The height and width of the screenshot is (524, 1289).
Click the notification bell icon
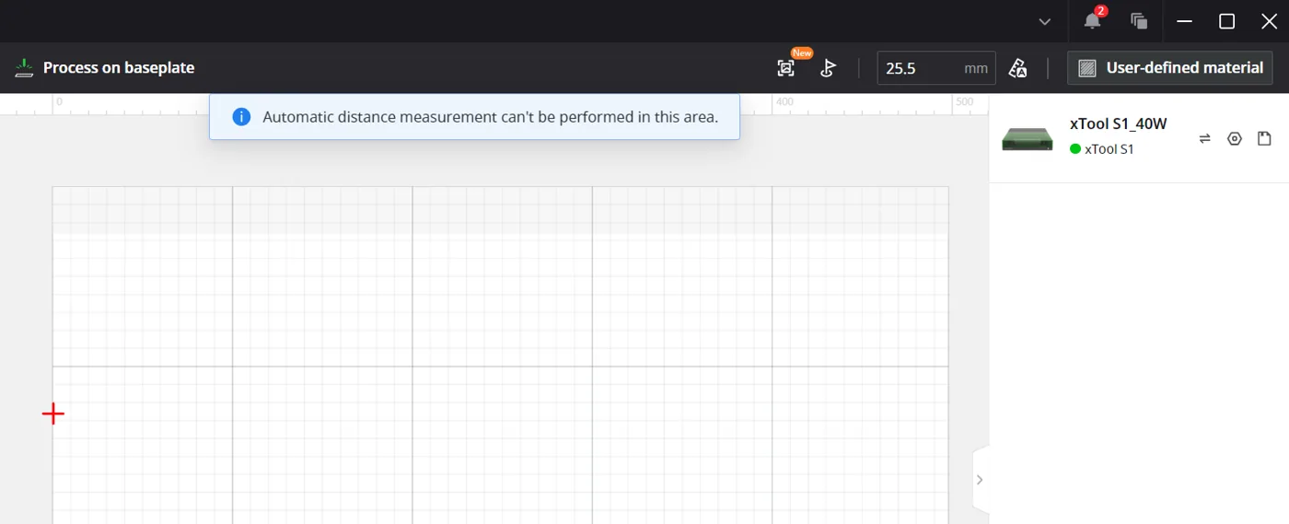[x=1092, y=21]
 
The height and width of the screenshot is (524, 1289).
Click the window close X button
[x=1269, y=21]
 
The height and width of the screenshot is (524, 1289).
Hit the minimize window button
[x=1184, y=21]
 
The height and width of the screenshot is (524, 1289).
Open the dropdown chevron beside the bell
[x=1044, y=22]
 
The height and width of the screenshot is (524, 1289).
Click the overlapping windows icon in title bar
[x=1139, y=21]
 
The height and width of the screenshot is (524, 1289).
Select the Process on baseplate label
[x=119, y=67]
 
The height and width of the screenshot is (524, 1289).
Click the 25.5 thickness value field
[x=936, y=68]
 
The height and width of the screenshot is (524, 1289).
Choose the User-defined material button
[x=1170, y=68]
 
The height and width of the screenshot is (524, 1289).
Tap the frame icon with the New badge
[x=785, y=68]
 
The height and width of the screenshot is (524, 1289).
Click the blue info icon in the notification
[x=241, y=117]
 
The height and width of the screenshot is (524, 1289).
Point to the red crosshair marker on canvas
[x=53, y=413]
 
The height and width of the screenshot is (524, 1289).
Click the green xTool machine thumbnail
[x=1028, y=139]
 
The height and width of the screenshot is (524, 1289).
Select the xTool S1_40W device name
[x=1118, y=123]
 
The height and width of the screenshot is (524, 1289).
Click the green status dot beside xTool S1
[x=1075, y=149]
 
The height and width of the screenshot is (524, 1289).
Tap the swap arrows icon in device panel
[x=1204, y=139]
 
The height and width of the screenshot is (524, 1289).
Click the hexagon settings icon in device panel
[x=1235, y=139]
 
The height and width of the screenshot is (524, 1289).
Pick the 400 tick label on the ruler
[x=784, y=102]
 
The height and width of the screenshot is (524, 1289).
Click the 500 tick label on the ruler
[x=964, y=102]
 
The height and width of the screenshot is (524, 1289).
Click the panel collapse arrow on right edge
[x=980, y=480]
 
